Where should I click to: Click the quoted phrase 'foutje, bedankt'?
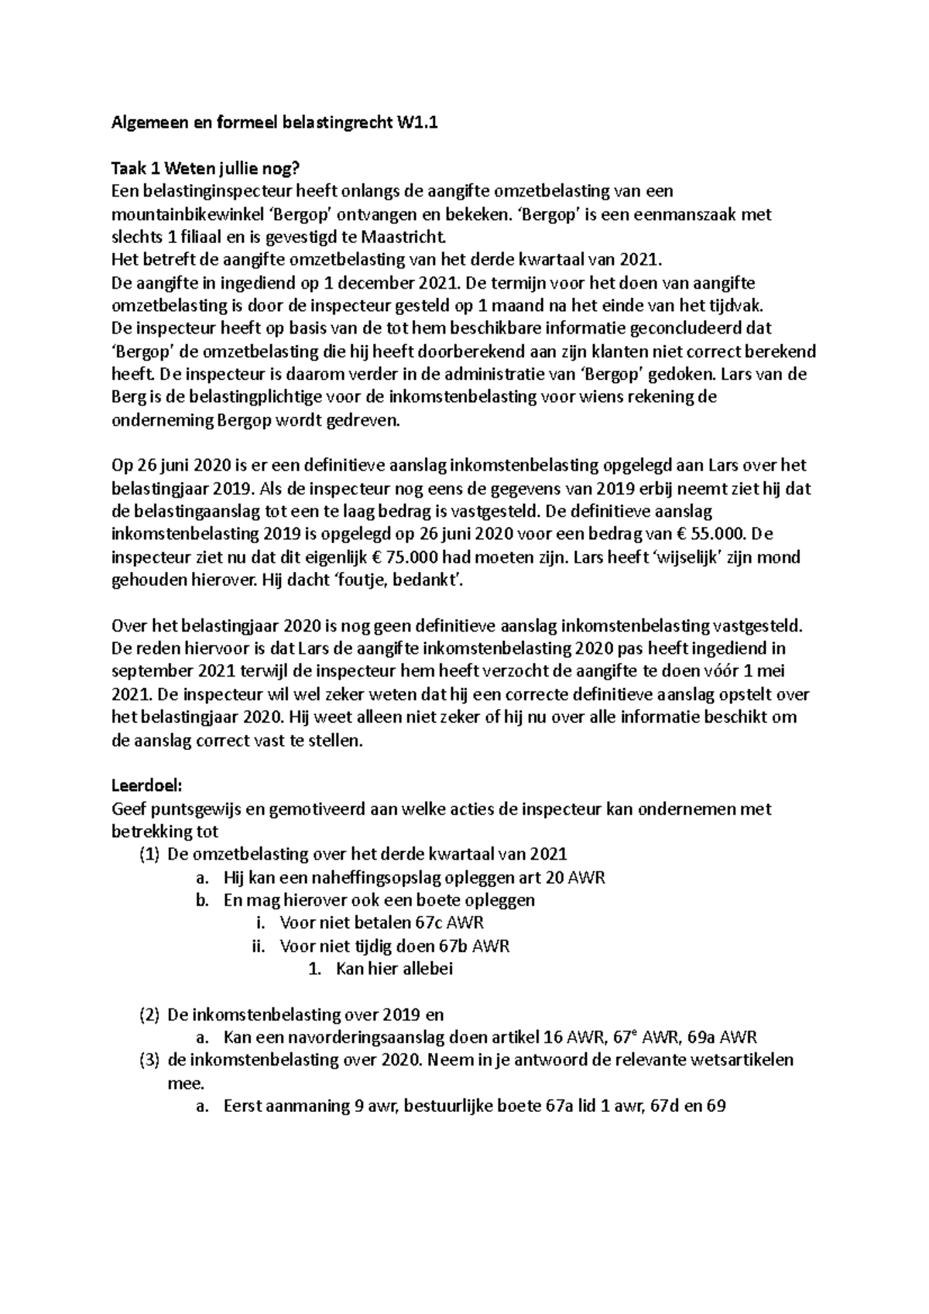pyautogui.click(x=399, y=580)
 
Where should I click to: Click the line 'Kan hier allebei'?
pyautogui.click(x=394, y=969)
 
